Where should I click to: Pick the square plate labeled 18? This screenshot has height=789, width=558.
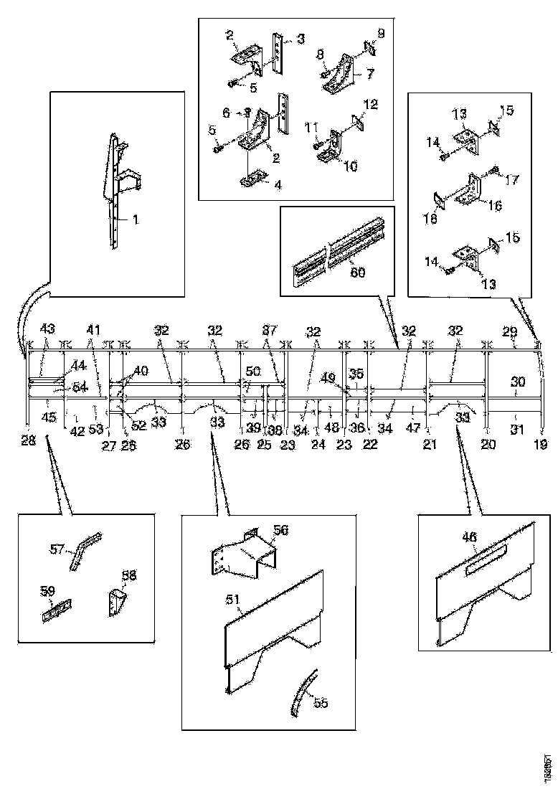click(x=438, y=200)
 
